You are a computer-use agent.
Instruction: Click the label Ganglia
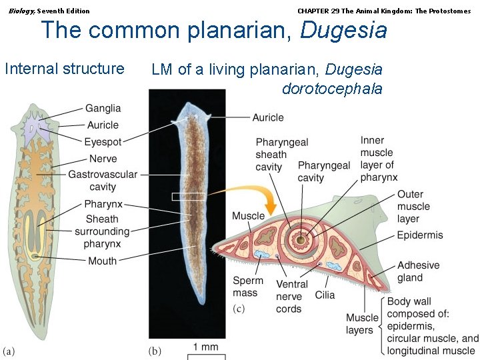[103, 109]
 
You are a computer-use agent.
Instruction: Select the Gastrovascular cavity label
[103, 181]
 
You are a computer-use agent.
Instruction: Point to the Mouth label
[102, 261]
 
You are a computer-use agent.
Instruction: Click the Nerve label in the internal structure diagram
[103, 159]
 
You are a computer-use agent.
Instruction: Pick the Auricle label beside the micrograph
[267, 117]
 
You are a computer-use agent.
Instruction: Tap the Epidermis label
[419, 235]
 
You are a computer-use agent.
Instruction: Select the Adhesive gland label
[418, 271]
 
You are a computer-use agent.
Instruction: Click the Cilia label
[325, 295]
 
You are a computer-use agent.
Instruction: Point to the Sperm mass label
[248, 287]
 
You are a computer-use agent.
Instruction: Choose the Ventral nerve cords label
[289, 297]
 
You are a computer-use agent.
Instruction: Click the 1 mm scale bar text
[206, 347]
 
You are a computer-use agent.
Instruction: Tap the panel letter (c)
[239, 309]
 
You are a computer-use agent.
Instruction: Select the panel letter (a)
[9, 351]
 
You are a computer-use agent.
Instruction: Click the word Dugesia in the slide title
[343, 30]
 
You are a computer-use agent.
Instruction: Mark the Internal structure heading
[65, 69]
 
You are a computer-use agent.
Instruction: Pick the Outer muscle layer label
[414, 207]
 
